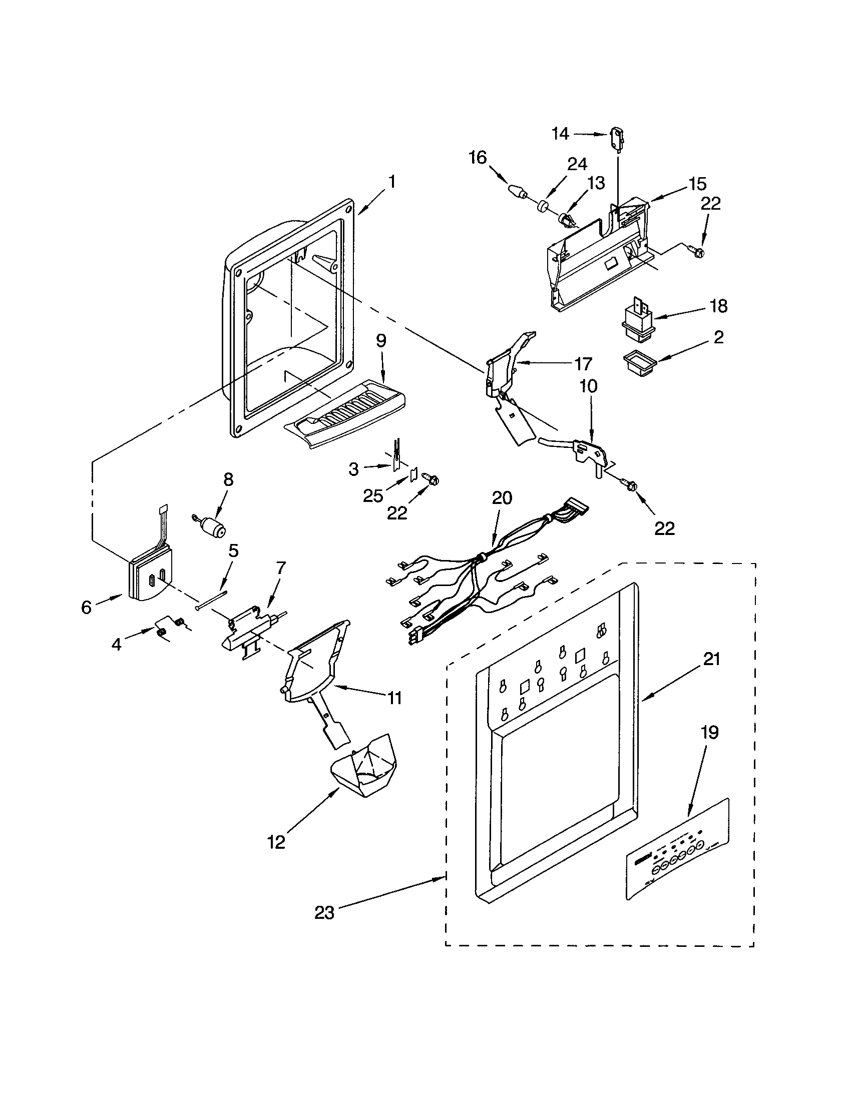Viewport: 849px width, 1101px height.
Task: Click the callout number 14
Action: (x=560, y=134)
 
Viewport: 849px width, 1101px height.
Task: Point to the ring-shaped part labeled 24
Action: (x=543, y=207)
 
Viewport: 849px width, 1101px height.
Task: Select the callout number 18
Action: (x=718, y=305)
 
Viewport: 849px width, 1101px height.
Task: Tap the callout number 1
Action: (x=391, y=182)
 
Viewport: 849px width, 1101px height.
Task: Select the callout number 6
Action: (x=87, y=608)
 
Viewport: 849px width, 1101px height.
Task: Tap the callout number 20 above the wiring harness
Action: (x=502, y=498)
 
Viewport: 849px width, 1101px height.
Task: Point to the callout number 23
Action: (x=324, y=912)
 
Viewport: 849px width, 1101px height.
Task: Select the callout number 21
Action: (x=711, y=659)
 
